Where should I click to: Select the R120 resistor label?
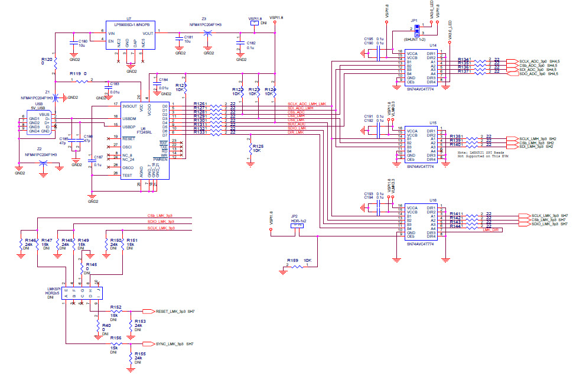48,60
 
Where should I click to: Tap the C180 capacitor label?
83,41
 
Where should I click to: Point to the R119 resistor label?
74,73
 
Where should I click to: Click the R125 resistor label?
257,145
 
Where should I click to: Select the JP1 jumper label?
414,20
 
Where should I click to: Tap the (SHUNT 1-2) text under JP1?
415,38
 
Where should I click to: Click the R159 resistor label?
292,260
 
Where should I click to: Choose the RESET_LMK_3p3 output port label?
171,311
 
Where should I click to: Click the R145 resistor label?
91,264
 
